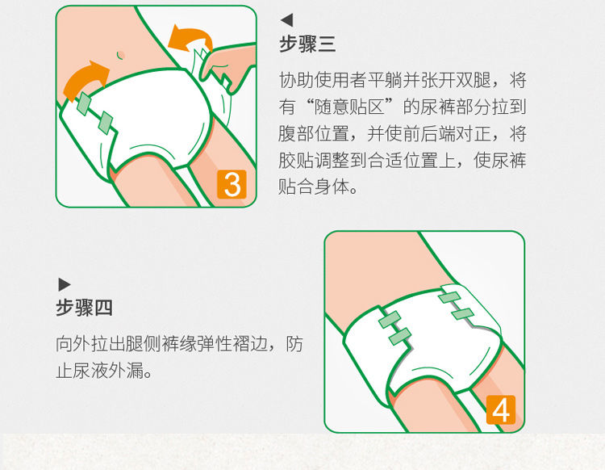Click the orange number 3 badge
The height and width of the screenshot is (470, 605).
(232, 184)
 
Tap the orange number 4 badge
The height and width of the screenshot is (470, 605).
(501, 409)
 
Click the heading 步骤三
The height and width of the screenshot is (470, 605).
(307, 44)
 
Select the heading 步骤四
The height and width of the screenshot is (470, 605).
(84, 308)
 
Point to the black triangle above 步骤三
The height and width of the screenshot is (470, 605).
(287, 20)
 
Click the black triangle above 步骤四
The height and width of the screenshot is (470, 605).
(65, 284)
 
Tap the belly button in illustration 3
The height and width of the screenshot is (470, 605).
(121, 54)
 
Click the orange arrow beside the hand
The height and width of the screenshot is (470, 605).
(189, 38)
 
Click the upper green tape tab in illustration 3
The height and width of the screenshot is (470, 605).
(84, 103)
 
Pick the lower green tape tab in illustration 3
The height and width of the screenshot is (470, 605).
(105, 123)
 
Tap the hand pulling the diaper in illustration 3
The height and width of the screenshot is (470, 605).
(227, 66)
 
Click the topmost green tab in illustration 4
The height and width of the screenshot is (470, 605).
(449, 297)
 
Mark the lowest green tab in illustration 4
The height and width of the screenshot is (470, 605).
(400, 337)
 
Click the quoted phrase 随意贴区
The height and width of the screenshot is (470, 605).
(349, 107)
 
